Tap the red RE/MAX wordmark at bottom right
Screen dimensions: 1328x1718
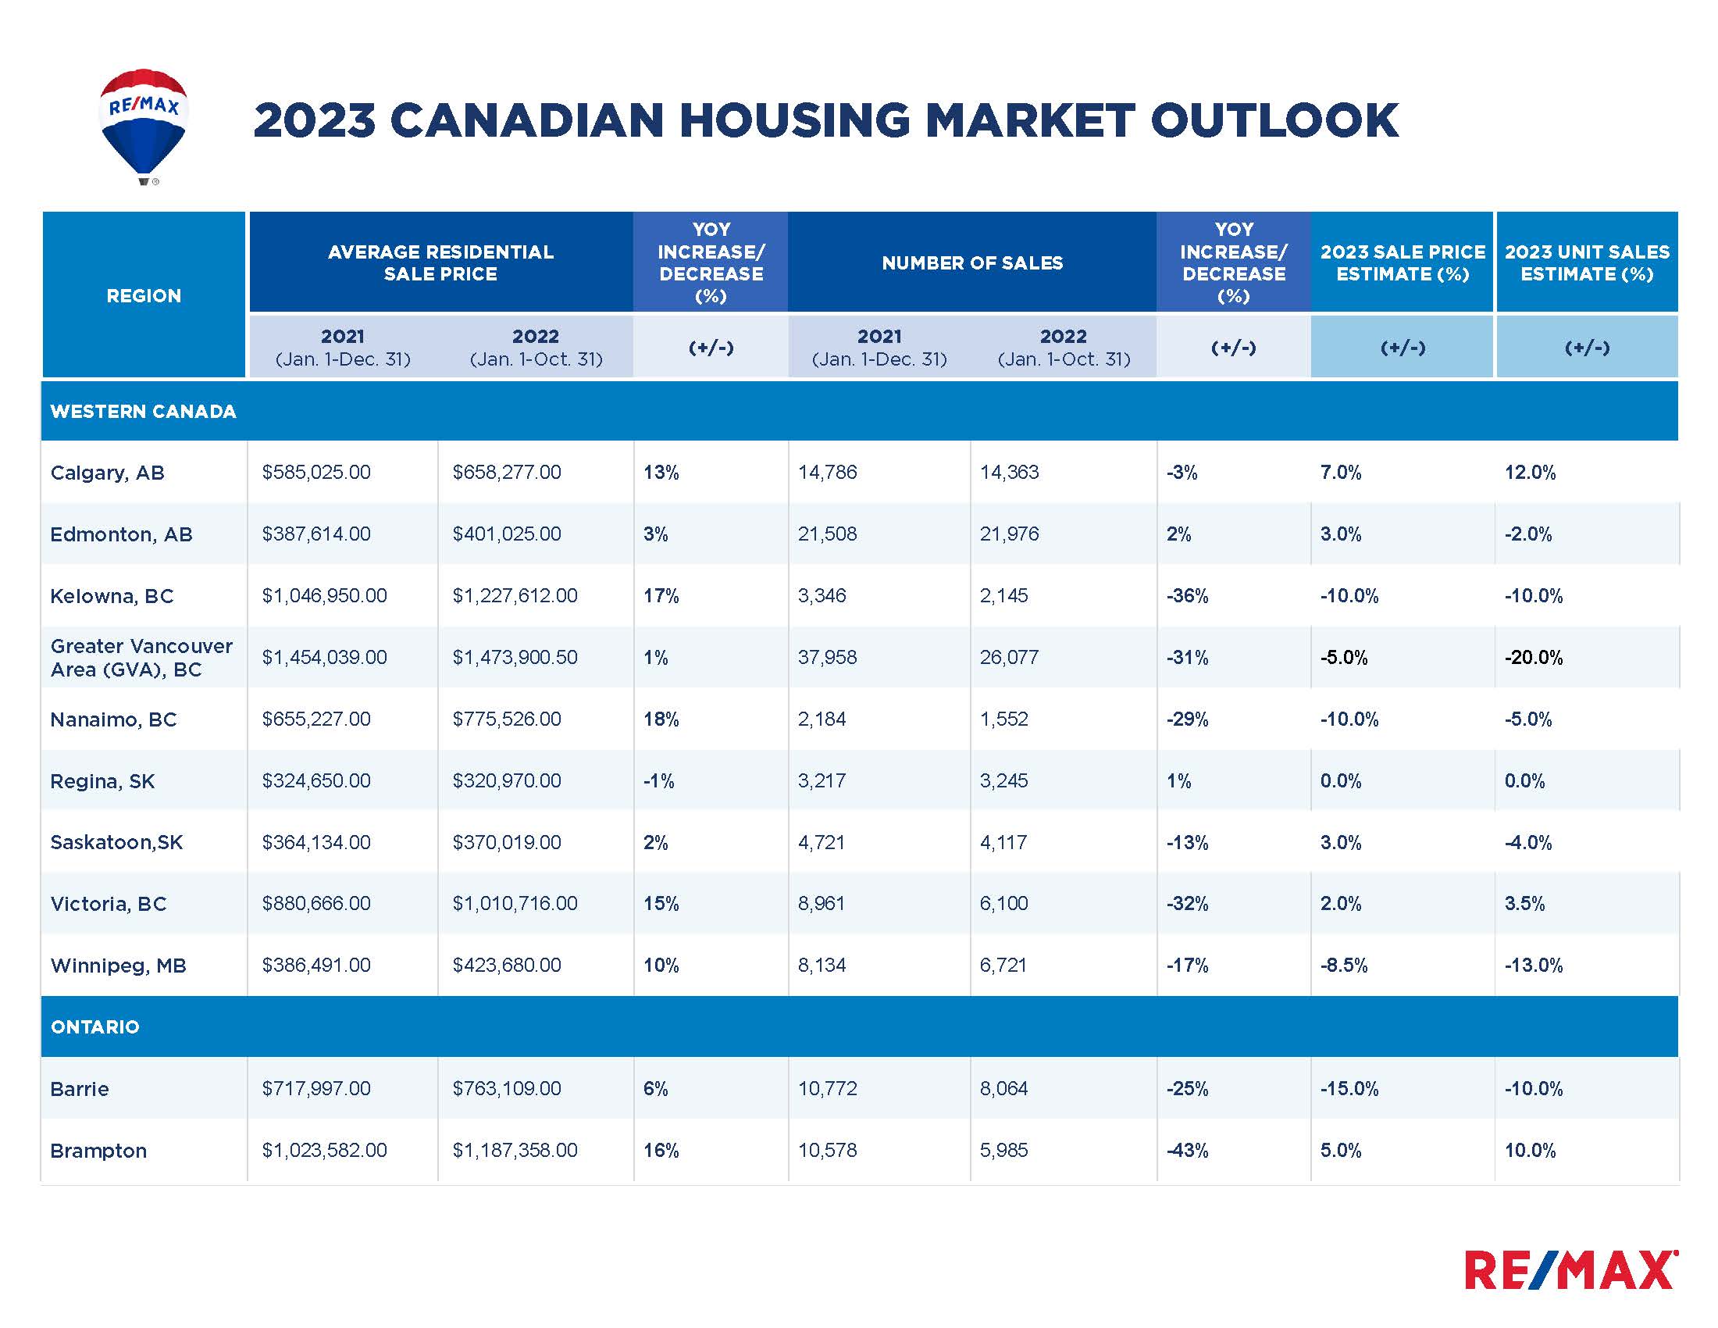1570,1269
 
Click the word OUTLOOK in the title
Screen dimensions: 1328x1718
1274,120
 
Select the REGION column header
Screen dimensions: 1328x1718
144,296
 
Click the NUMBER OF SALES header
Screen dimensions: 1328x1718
971,262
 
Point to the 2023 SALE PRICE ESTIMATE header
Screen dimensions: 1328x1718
1402,262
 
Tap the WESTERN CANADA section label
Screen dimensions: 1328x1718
143,412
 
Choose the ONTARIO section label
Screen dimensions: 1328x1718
94,1026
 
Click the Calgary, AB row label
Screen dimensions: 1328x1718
107,473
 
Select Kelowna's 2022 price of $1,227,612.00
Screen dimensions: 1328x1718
515,595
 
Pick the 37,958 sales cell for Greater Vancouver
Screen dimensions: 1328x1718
827,657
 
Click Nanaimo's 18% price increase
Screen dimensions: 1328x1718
661,719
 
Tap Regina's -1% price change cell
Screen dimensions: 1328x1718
658,780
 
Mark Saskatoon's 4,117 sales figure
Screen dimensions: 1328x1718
1003,843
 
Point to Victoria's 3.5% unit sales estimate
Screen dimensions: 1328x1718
1524,904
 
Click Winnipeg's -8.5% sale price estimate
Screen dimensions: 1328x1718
1344,966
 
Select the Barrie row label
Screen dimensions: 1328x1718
80,1089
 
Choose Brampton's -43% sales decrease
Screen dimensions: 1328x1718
1187,1150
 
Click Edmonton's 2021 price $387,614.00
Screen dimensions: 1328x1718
316,534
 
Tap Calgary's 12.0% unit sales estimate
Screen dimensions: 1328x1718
1529,473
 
